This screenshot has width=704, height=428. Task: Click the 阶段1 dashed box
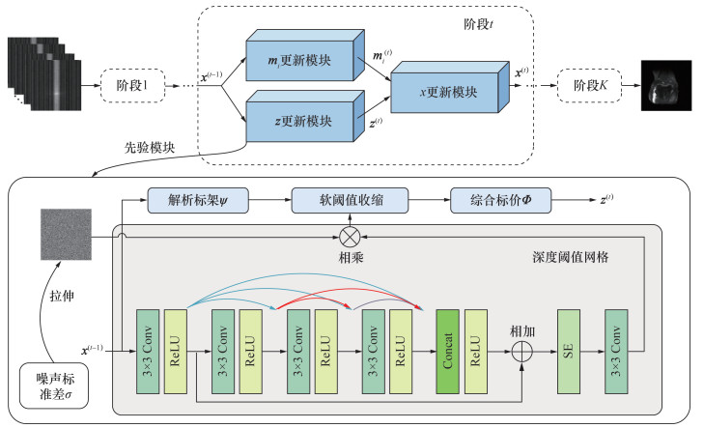point(130,83)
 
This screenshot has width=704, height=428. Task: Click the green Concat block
point(447,352)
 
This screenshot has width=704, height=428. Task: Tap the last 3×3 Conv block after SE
point(617,352)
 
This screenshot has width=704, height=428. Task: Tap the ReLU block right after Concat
point(475,352)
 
